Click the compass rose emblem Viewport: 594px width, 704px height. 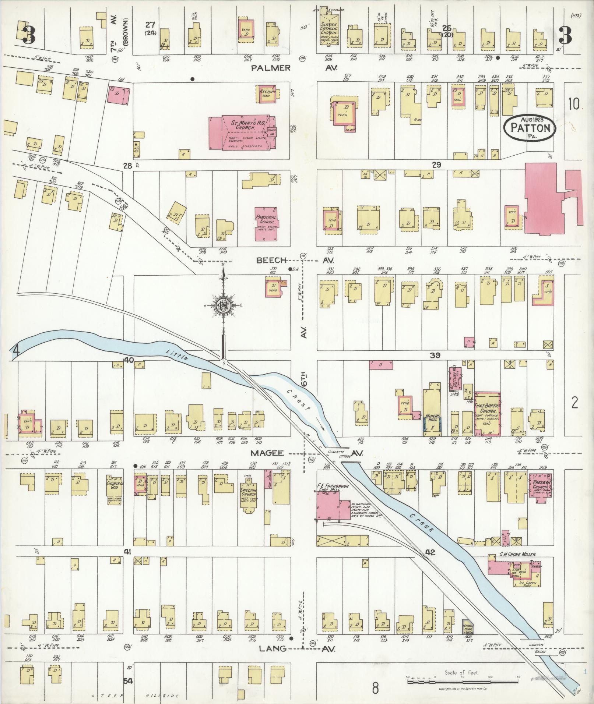click(223, 305)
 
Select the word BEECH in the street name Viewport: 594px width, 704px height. click(272, 260)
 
